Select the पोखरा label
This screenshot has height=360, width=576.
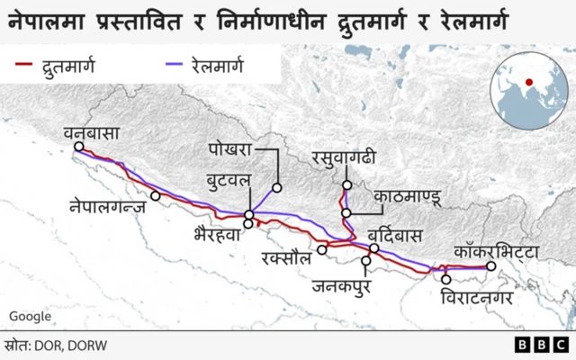point(229,148)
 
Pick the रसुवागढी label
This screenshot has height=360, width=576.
point(343,158)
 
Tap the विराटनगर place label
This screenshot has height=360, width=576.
point(476,293)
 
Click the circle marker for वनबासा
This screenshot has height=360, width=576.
point(79,147)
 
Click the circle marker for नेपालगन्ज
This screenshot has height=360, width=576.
point(156,195)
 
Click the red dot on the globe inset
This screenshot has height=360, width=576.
point(529,83)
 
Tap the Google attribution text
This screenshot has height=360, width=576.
point(30,317)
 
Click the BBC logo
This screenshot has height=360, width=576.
point(541,345)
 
